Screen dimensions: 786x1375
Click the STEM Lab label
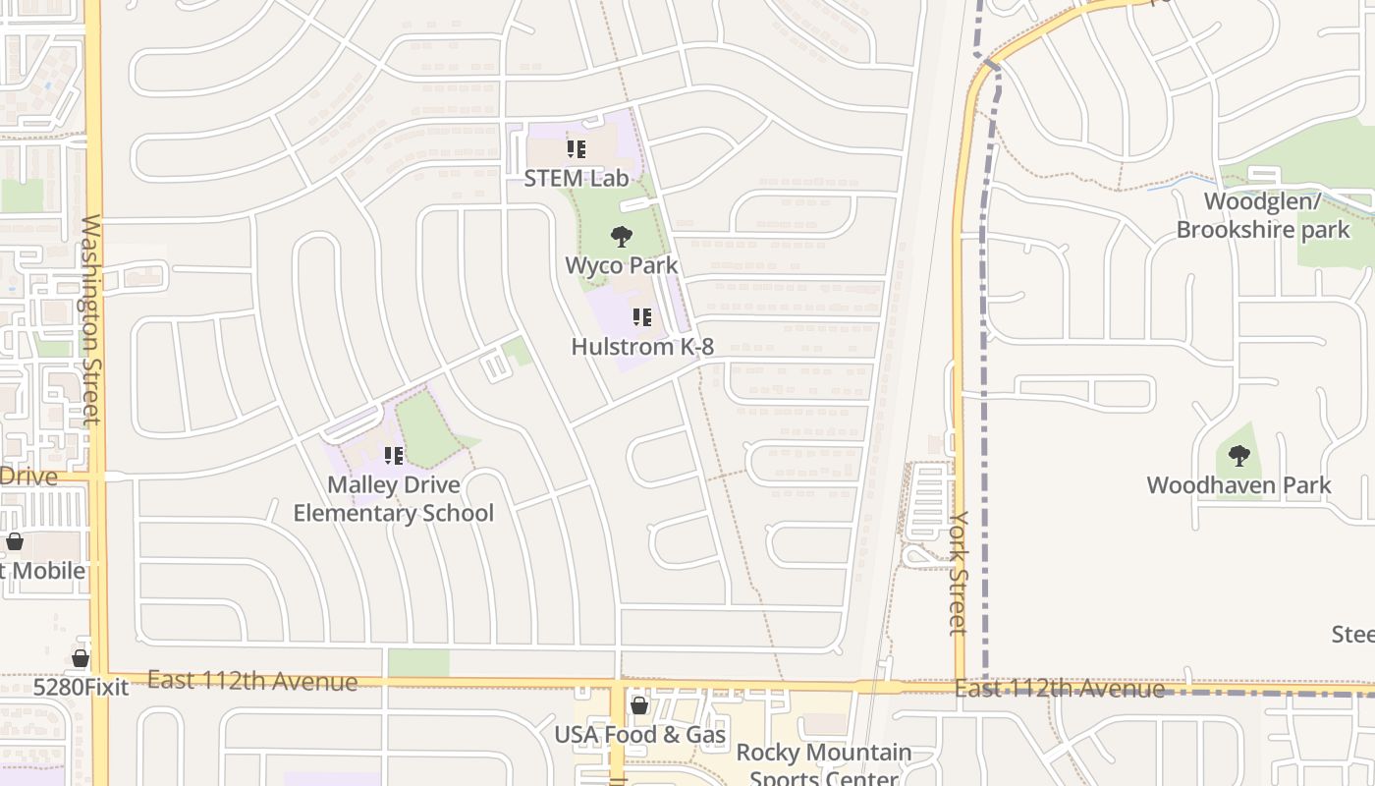577,178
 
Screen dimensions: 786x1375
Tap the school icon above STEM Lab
577,149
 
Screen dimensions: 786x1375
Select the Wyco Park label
622,265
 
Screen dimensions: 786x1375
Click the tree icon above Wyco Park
621,236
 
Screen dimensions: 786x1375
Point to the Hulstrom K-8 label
642,347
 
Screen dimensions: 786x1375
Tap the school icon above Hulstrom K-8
642,317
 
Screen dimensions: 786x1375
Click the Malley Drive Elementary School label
394,499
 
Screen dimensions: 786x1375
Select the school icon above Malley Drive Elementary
394,456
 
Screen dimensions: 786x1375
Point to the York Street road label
960,572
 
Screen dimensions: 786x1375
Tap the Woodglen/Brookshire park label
1263,216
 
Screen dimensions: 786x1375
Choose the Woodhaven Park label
1239,485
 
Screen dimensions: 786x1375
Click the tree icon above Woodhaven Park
1239,456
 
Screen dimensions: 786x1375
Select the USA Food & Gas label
640,735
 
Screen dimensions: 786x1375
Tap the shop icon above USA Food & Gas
639,705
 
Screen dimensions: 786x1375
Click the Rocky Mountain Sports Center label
824,765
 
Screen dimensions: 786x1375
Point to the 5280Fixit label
81,687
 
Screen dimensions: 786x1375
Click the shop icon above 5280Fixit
81,658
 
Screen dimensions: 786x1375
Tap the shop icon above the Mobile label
15,541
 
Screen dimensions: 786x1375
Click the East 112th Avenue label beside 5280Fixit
252,681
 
